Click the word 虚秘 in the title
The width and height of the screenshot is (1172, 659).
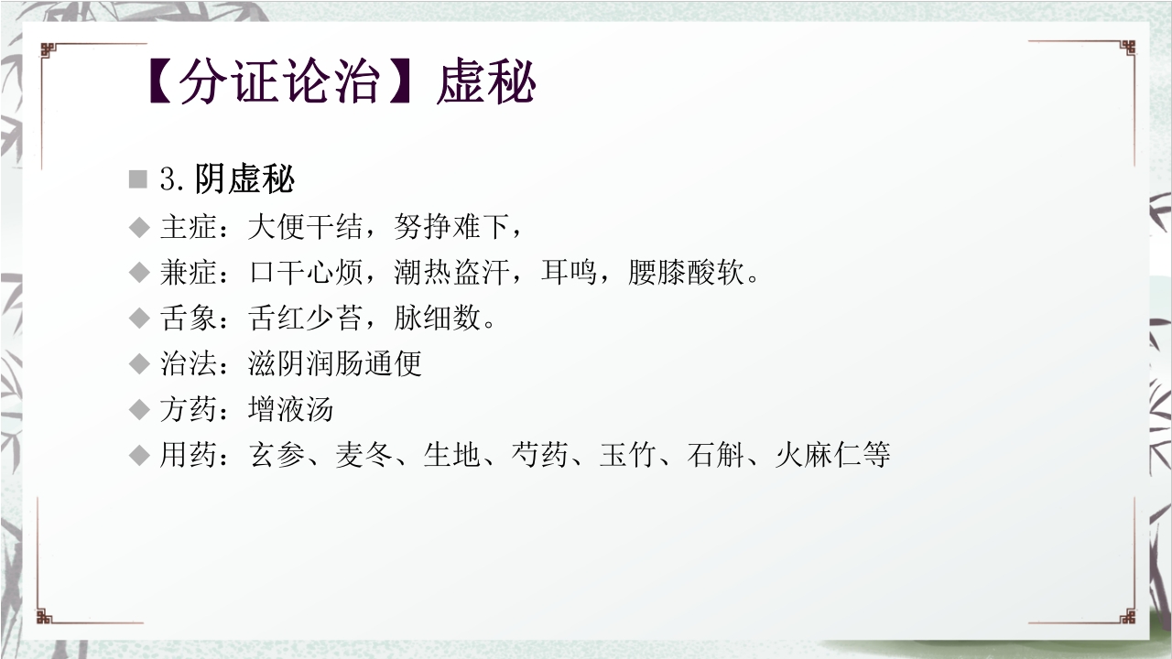pos(486,84)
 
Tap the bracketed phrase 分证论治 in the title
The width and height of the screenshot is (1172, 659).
pos(279,84)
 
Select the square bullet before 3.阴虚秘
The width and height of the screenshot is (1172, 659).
pos(138,179)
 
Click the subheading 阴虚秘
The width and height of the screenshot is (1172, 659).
pos(244,179)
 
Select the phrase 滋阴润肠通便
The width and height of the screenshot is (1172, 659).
pos(335,363)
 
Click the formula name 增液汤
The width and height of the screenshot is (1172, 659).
pos(291,408)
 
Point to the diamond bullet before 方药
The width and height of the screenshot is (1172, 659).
pos(139,409)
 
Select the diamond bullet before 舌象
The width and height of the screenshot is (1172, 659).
pos(139,319)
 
